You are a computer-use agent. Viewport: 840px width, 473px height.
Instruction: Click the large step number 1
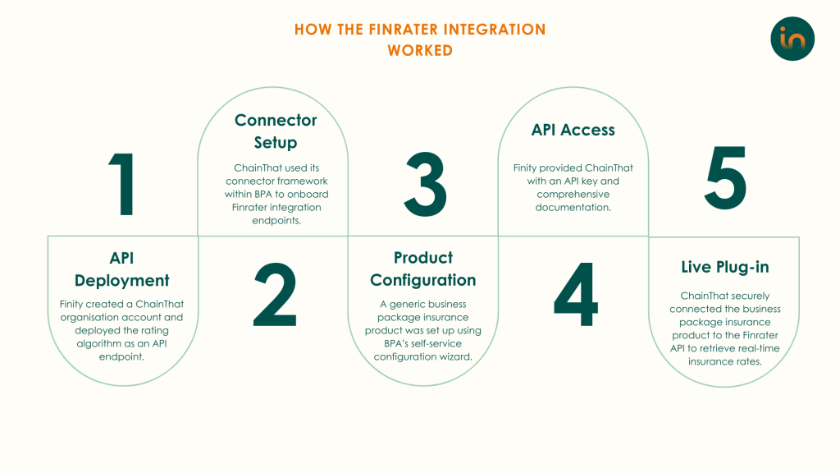(123, 184)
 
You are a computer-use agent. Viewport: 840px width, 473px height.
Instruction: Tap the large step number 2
(275, 295)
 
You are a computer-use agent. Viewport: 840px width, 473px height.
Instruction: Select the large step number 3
(425, 184)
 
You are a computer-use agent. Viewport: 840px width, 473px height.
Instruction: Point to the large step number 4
(575, 295)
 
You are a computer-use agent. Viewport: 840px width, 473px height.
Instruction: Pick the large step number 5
(725, 177)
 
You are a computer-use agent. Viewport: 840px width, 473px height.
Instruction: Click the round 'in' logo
(792, 39)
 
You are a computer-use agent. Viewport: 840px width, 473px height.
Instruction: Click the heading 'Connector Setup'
(276, 131)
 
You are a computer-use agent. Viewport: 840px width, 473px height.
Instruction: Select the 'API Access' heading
(573, 130)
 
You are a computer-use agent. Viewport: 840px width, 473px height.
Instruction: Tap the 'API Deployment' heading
(121, 269)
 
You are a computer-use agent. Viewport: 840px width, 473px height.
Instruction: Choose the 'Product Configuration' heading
(422, 269)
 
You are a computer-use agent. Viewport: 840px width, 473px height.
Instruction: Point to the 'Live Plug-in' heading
(725, 267)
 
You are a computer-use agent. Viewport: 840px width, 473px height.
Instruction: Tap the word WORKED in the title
(420, 50)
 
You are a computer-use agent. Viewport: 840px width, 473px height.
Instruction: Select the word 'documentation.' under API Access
(573, 208)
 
